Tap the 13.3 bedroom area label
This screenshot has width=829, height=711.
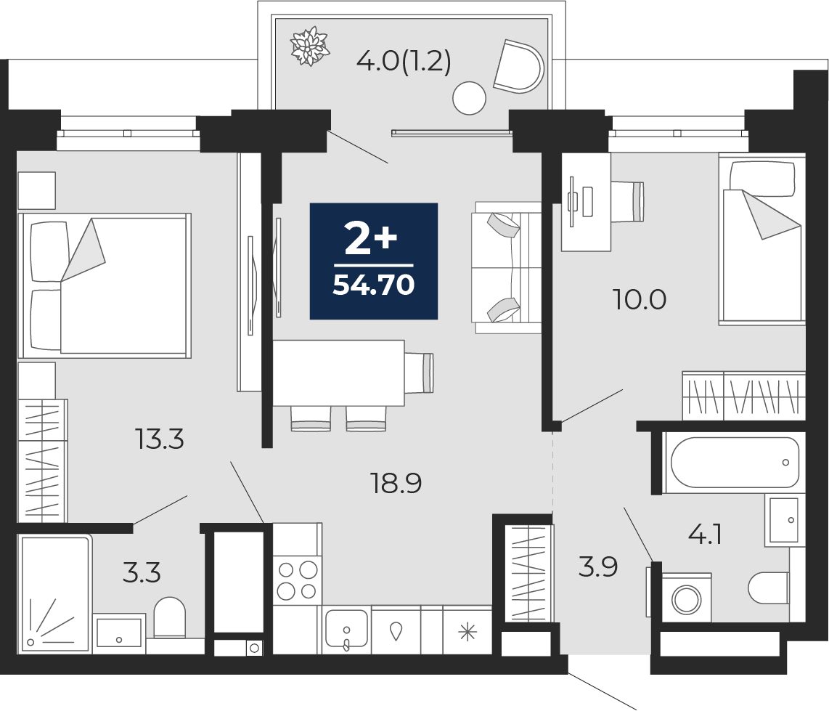pos(159,439)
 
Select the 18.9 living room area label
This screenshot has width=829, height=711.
pos(396,483)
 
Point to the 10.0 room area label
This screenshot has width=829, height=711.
pos(640,299)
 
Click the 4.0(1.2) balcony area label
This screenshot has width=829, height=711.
pos(404,62)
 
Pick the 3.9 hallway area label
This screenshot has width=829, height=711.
pos(598,566)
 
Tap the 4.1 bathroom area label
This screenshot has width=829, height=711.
pos(706,535)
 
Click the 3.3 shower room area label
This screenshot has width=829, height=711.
pos(142,573)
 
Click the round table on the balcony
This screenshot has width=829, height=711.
pos(469,98)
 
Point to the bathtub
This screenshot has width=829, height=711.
pos(734,463)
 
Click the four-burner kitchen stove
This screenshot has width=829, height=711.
pos(298,580)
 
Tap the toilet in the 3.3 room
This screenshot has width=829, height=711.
pos(170,617)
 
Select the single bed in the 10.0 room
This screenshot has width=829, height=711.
pos(761,240)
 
